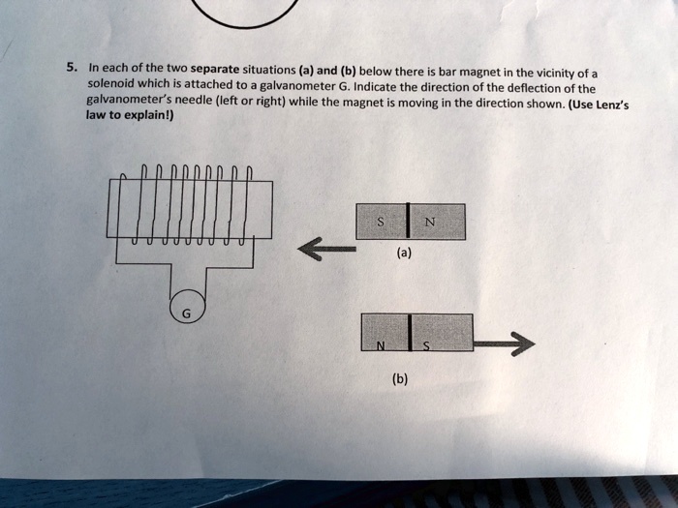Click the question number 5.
[71, 68]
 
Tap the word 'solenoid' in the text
[109, 84]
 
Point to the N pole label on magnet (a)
[429, 223]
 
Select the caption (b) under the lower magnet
[401, 379]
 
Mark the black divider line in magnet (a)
[409, 222]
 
